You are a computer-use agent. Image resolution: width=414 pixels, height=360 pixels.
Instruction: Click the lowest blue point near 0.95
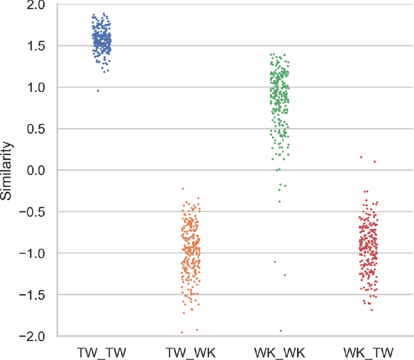pyautogui.click(x=98, y=90)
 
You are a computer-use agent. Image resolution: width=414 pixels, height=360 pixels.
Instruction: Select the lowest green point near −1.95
pyautogui.click(x=281, y=331)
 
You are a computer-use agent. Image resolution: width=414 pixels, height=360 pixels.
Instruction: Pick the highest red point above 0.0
pyautogui.click(x=361, y=157)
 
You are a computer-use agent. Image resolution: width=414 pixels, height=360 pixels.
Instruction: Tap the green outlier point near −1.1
pyautogui.click(x=275, y=262)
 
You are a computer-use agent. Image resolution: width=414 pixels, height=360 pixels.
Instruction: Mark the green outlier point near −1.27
pyautogui.click(x=285, y=275)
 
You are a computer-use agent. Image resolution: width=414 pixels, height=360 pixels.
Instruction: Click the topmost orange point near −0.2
pyautogui.click(x=183, y=188)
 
